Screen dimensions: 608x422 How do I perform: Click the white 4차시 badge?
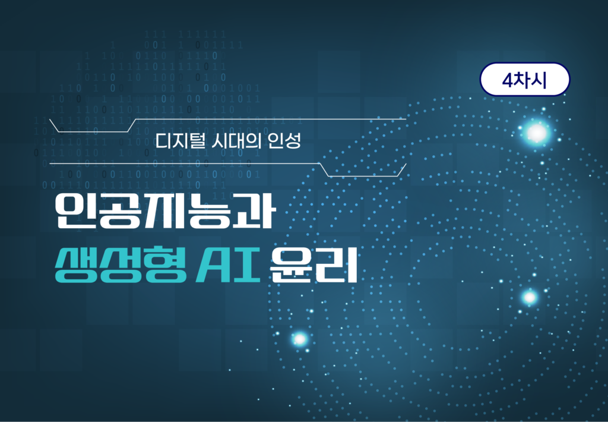525,79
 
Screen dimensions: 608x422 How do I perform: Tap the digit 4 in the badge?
508,80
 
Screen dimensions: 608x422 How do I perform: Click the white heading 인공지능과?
165,211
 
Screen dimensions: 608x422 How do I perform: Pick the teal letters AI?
227,266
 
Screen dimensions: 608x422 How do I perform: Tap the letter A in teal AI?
213,266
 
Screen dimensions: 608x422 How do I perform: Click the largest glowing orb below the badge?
537,133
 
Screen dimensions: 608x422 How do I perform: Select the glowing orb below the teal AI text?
299,339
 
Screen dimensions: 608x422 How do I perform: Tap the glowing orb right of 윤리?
529,297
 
